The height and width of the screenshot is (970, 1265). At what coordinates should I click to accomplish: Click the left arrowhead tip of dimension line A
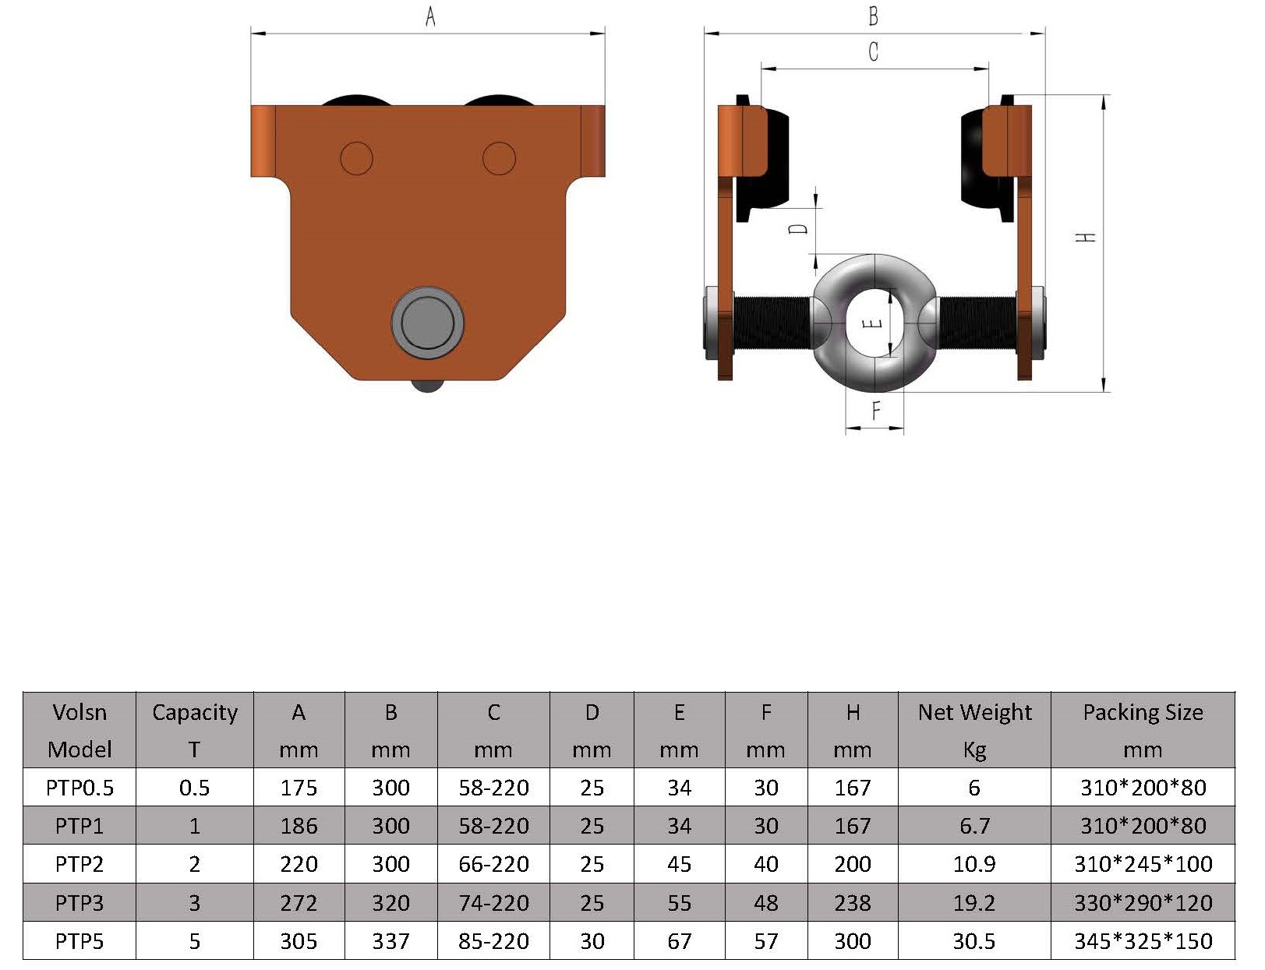[252, 34]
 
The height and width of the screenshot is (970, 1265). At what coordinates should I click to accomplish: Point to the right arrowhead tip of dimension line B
[1045, 34]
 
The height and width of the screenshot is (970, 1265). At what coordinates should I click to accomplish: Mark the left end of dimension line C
[761, 69]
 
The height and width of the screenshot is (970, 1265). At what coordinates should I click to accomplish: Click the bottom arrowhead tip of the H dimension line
[1103, 392]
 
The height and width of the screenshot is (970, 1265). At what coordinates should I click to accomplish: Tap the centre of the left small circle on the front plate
[356, 158]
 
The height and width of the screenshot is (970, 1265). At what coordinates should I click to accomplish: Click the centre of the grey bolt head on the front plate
[428, 323]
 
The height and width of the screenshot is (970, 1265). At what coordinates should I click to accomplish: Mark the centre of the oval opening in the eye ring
[874, 323]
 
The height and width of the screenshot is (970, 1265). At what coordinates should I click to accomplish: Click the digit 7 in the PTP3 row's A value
[299, 903]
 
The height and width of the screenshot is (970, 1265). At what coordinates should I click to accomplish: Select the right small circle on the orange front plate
[499, 158]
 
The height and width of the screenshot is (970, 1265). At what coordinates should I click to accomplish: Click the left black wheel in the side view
[762, 160]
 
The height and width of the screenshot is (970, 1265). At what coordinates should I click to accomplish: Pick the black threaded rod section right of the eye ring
[975, 323]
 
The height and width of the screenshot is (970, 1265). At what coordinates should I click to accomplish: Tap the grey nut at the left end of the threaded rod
[712, 323]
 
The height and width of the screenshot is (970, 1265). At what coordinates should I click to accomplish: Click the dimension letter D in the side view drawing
[800, 229]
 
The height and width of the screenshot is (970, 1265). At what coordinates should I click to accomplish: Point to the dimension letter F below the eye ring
[875, 411]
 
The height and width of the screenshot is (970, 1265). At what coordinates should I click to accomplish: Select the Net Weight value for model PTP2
[974, 864]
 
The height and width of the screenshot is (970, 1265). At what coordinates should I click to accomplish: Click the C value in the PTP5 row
[493, 941]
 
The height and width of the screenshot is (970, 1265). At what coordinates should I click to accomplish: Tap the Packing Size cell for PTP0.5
[1143, 787]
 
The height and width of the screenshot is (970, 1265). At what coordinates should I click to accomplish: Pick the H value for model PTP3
[852, 903]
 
